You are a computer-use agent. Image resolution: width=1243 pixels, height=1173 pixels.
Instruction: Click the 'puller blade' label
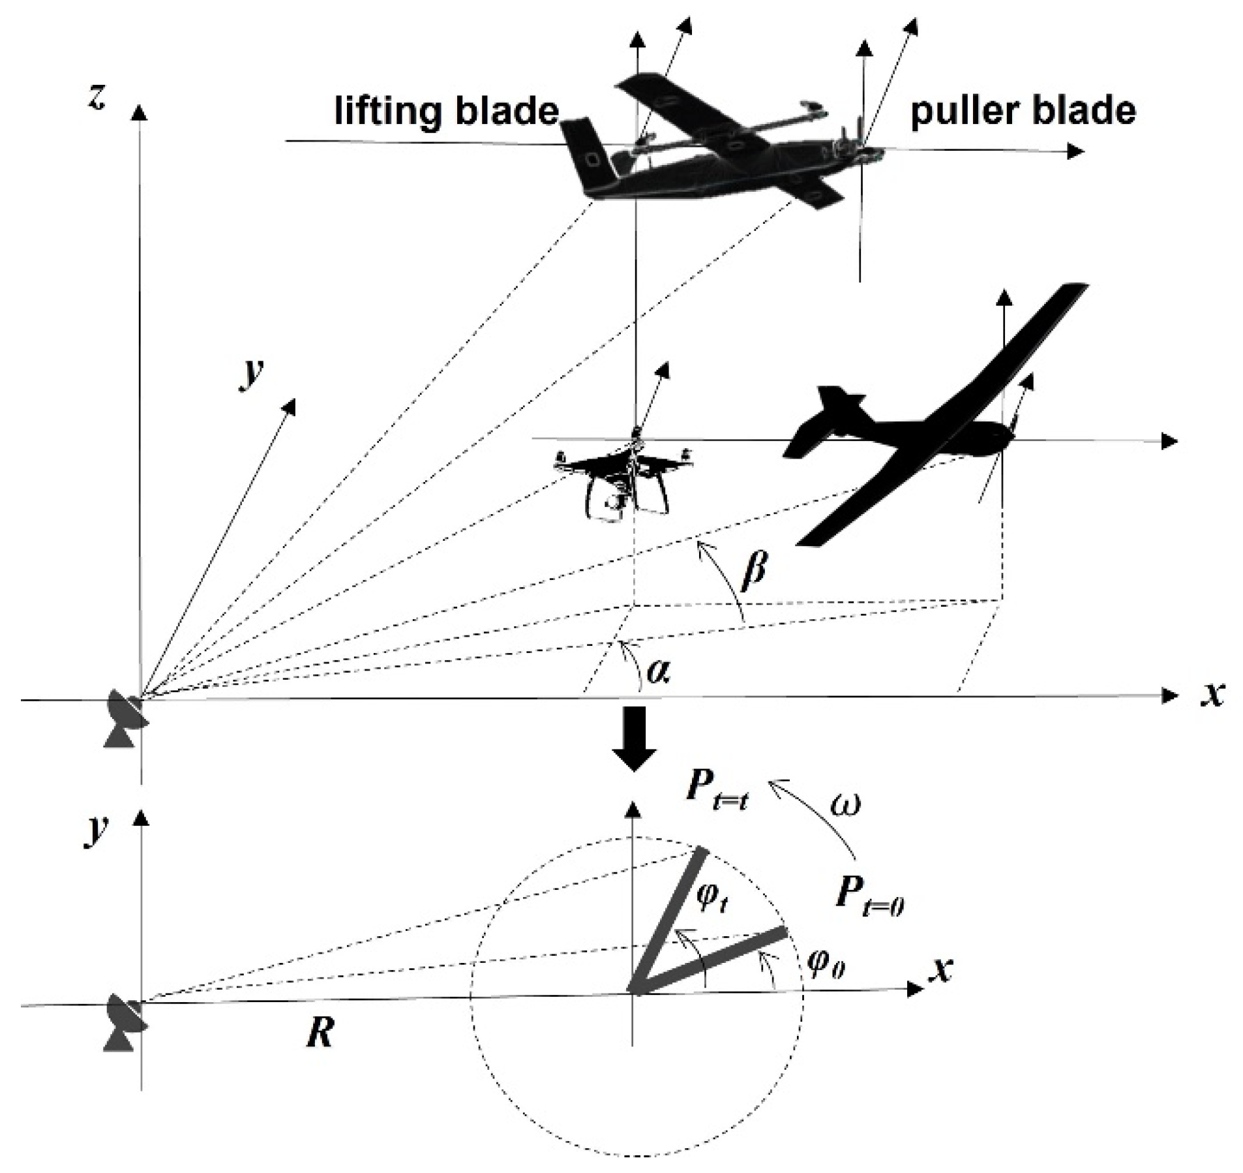[1022, 112]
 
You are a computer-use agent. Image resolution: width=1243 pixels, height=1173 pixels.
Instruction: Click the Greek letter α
[658, 671]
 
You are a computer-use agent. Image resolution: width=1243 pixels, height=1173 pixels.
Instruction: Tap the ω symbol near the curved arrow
[845, 804]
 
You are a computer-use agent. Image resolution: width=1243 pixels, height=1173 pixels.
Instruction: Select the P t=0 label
[867, 896]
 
